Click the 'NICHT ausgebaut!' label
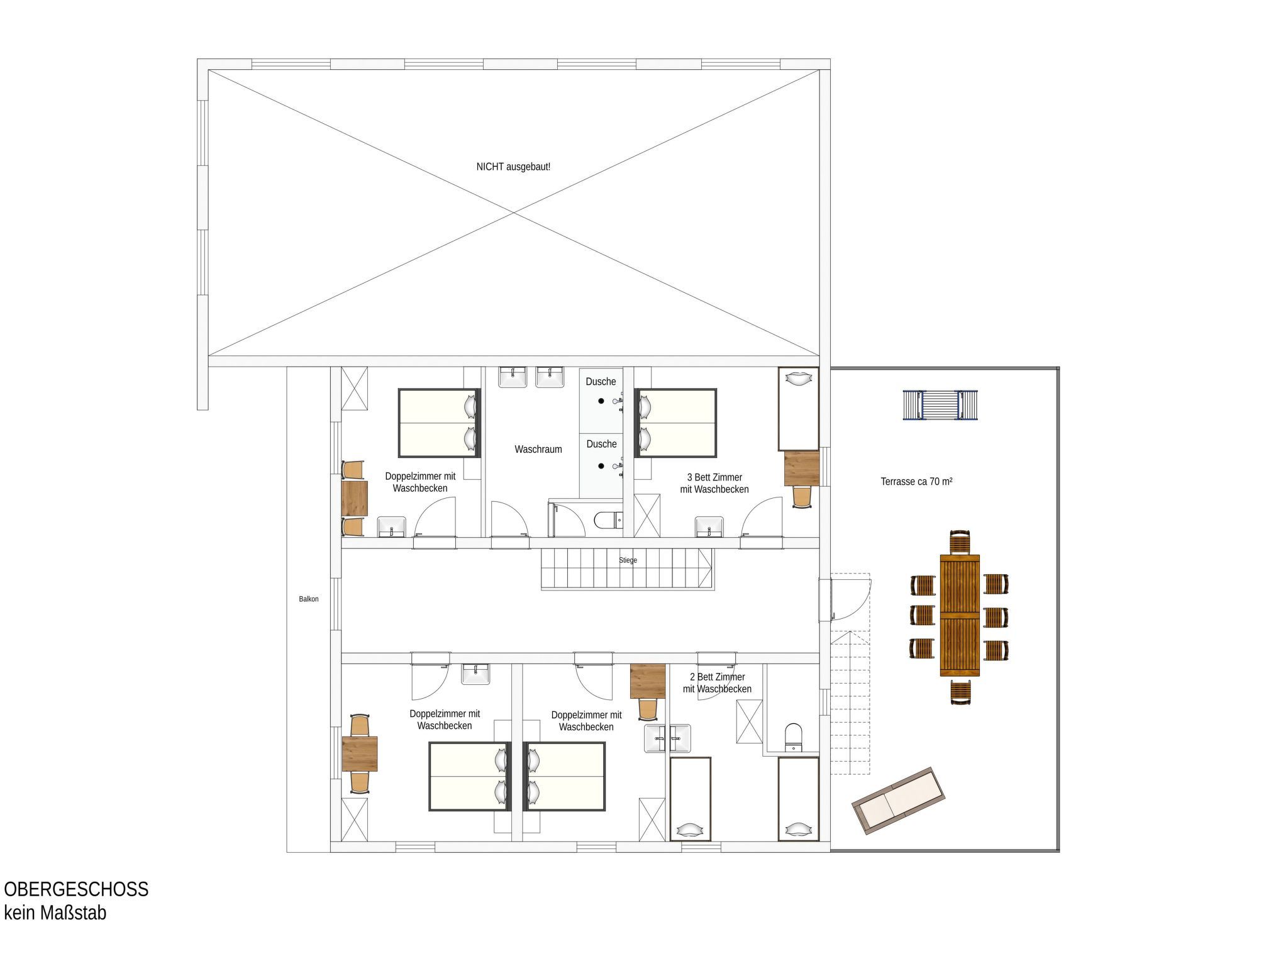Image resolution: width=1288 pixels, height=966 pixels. click(513, 167)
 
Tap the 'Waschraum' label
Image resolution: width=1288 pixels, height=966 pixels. click(538, 450)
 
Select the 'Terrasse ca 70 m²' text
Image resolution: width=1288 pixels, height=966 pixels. click(916, 482)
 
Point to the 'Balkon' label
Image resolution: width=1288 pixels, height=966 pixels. click(309, 599)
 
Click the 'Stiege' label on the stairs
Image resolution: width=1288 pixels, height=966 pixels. click(628, 560)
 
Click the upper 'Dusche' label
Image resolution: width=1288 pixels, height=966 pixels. click(601, 382)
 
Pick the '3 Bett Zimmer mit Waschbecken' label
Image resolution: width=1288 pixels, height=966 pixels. click(714, 484)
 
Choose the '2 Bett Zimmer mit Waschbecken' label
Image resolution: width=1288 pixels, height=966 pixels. click(717, 683)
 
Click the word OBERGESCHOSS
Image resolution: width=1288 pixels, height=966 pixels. click(76, 889)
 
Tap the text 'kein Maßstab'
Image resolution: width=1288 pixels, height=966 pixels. click(55, 913)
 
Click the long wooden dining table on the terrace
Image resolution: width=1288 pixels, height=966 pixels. click(960, 616)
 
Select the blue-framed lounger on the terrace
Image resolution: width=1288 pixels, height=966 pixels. click(941, 405)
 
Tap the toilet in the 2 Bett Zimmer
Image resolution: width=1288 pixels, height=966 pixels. click(794, 737)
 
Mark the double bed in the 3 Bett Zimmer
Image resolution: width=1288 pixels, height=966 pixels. click(676, 423)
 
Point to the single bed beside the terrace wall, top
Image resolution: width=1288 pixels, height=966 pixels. click(799, 409)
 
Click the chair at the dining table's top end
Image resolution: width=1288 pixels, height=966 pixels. click(960, 542)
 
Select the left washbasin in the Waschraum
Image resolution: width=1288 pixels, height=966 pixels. click(513, 377)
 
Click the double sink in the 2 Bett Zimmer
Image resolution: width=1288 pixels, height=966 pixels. click(667, 738)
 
